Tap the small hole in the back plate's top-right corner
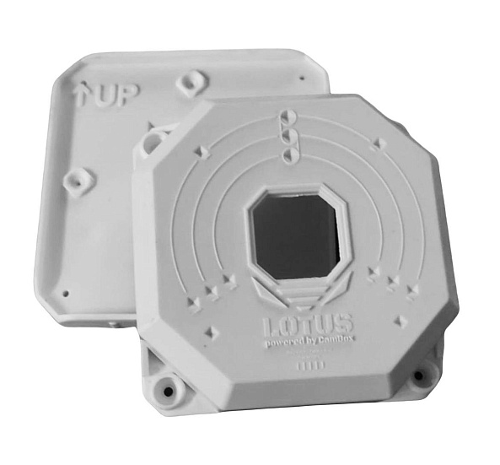click(301, 78)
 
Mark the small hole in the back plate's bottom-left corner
click(64, 295)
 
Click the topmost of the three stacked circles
click(286, 118)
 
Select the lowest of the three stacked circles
click(288, 152)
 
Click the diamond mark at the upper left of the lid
click(201, 153)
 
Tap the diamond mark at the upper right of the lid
click(379, 144)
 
